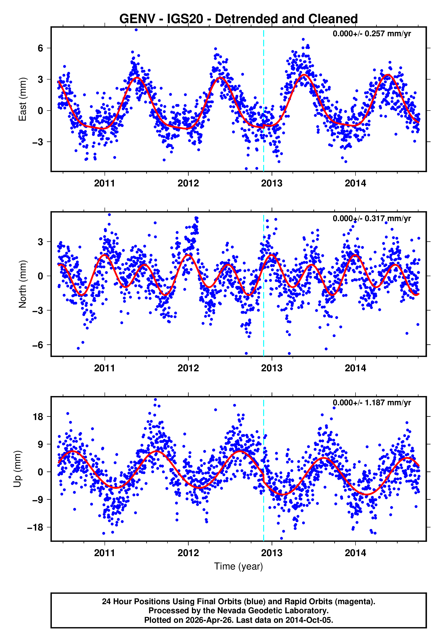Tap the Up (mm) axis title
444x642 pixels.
17,469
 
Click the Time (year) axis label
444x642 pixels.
239,566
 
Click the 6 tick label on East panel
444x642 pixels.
41,48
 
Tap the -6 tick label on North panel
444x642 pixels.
38,345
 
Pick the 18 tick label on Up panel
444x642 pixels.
38,417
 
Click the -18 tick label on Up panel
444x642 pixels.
35,527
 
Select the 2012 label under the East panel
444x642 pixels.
188,183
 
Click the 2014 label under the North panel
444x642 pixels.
355,368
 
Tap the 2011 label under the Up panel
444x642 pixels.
105,553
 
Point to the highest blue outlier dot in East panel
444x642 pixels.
136,30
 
